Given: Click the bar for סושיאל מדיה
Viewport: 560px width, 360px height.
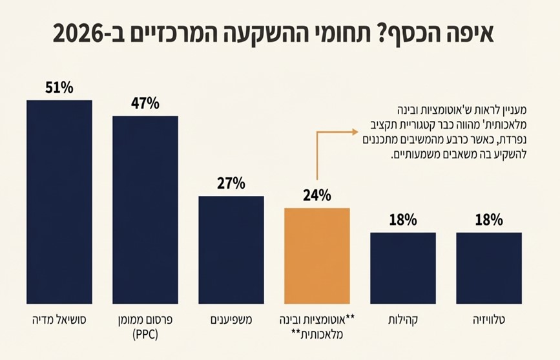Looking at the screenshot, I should [x=59, y=202].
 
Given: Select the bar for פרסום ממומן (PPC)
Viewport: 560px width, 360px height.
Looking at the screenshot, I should [x=145, y=209].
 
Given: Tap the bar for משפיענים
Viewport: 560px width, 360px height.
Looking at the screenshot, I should [x=231, y=249].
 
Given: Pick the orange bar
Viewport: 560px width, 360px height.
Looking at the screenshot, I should [x=317, y=255].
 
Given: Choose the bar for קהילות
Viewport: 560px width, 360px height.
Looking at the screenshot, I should [x=402, y=268].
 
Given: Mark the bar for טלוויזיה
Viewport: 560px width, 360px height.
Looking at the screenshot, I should [x=488, y=268].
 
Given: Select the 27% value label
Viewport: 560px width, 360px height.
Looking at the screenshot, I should [x=231, y=184].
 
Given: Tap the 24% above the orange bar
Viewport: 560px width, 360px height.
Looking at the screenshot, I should [x=317, y=195].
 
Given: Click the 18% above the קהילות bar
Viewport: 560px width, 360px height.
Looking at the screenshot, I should [x=402, y=220].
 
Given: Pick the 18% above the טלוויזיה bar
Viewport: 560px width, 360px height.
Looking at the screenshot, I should [x=488, y=220].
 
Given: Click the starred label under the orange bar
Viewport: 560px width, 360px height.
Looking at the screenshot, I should [x=317, y=327].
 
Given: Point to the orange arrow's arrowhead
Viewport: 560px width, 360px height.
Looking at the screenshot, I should [x=354, y=132].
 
